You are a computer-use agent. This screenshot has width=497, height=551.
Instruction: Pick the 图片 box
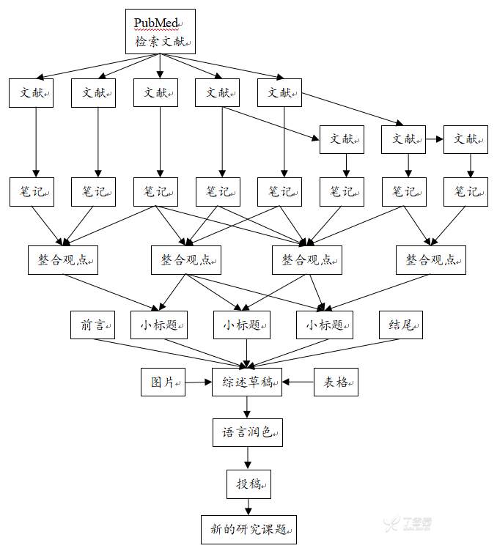click(x=163, y=382)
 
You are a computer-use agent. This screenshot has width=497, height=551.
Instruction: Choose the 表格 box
click(x=336, y=382)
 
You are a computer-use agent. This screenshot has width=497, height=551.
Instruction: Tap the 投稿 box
click(x=247, y=484)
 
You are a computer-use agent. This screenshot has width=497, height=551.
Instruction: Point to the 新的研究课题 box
click(x=248, y=529)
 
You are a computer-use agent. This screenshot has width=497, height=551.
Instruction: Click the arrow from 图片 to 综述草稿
click(x=198, y=382)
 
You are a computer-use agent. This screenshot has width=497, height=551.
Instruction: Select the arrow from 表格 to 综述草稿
click(x=299, y=382)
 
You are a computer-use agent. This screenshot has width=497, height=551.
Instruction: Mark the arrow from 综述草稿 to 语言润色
click(x=247, y=407)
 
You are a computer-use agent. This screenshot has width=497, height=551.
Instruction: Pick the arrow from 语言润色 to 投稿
click(x=247, y=458)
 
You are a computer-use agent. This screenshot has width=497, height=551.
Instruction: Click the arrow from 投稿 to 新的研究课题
click(x=247, y=506)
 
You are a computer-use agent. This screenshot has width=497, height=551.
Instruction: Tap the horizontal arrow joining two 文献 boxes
click(x=435, y=138)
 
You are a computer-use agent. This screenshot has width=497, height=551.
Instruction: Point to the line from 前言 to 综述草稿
click(x=169, y=351)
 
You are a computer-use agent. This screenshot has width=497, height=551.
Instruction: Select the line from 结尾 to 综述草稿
click(x=330, y=350)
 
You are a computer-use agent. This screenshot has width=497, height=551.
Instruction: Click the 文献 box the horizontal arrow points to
click(x=465, y=138)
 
